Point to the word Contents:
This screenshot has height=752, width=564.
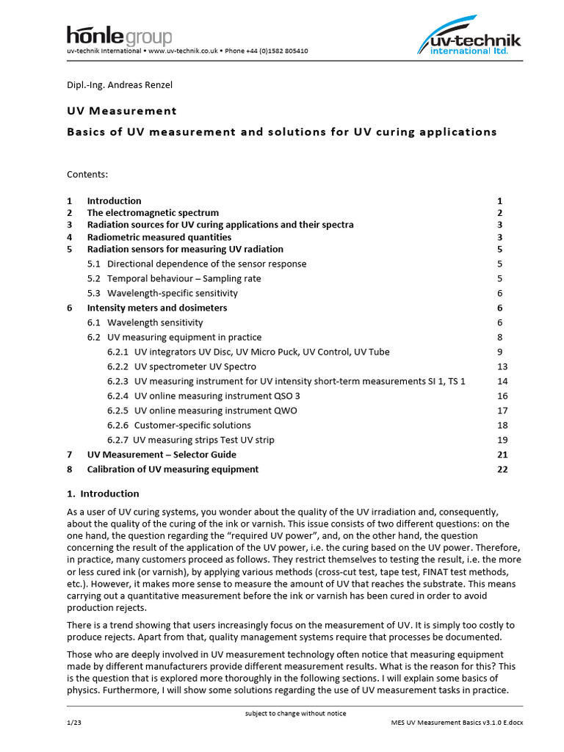tap(87, 174)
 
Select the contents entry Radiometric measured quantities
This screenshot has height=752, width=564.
tap(159, 237)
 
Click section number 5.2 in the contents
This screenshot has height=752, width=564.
tap(94, 278)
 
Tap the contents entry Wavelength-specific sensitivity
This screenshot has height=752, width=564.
tap(173, 293)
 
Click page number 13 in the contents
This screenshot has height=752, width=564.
tap(502, 366)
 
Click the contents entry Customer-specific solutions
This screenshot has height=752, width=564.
tap(192, 425)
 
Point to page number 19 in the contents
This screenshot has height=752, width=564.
tap(502, 440)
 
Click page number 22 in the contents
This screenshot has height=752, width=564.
tap(502, 469)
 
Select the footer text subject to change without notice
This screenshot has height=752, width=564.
tap(294, 713)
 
